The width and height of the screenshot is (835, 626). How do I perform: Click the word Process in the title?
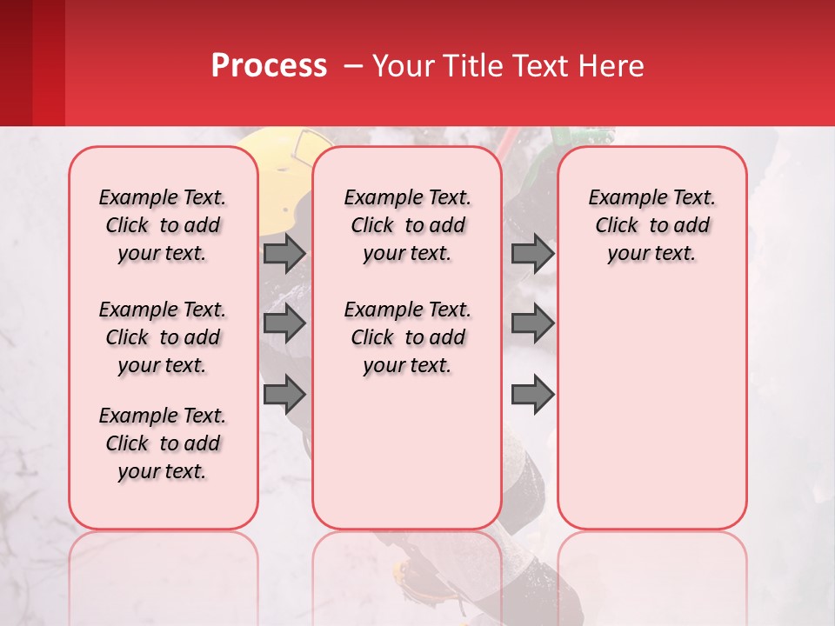click(x=269, y=66)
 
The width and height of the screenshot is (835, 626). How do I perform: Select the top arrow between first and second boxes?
click(x=284, y=253)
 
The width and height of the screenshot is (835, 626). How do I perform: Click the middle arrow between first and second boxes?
click(x=284, y=323)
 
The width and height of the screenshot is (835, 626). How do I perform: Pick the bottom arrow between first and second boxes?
click(x=284, y=395)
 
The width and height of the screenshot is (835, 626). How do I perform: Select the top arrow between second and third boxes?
click(x=532, y=253)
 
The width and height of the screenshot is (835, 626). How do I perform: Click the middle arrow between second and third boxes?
click(x=532, y=323)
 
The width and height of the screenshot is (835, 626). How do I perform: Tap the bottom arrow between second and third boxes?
click(x=532, y=395)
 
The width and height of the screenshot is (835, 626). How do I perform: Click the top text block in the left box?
click(x=163, y=225)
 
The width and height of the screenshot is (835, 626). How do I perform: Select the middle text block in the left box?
click(x=163, y=337)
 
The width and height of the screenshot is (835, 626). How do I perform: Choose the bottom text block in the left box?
click(x=163, y=443)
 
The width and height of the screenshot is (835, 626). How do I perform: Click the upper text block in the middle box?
click(x=407, y=225)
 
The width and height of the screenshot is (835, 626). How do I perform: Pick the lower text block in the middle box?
click(x=407, y=337)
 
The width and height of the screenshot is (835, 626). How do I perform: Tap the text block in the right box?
click(x=651, y=225)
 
